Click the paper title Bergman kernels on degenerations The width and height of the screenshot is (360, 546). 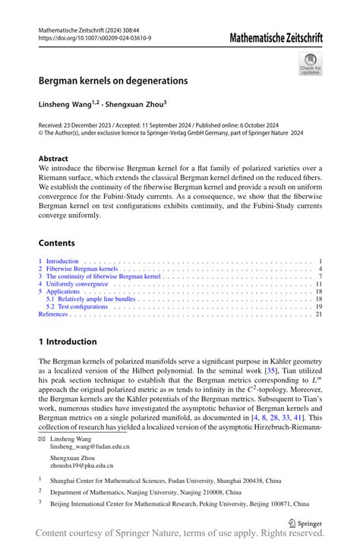114,80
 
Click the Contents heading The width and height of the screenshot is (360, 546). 57,243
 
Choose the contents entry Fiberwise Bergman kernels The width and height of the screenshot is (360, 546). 81,269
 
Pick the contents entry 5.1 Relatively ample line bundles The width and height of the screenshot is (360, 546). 96,299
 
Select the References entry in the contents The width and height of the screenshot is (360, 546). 53,314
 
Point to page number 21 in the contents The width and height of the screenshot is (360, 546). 319,314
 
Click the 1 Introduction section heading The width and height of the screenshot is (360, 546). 68,342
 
